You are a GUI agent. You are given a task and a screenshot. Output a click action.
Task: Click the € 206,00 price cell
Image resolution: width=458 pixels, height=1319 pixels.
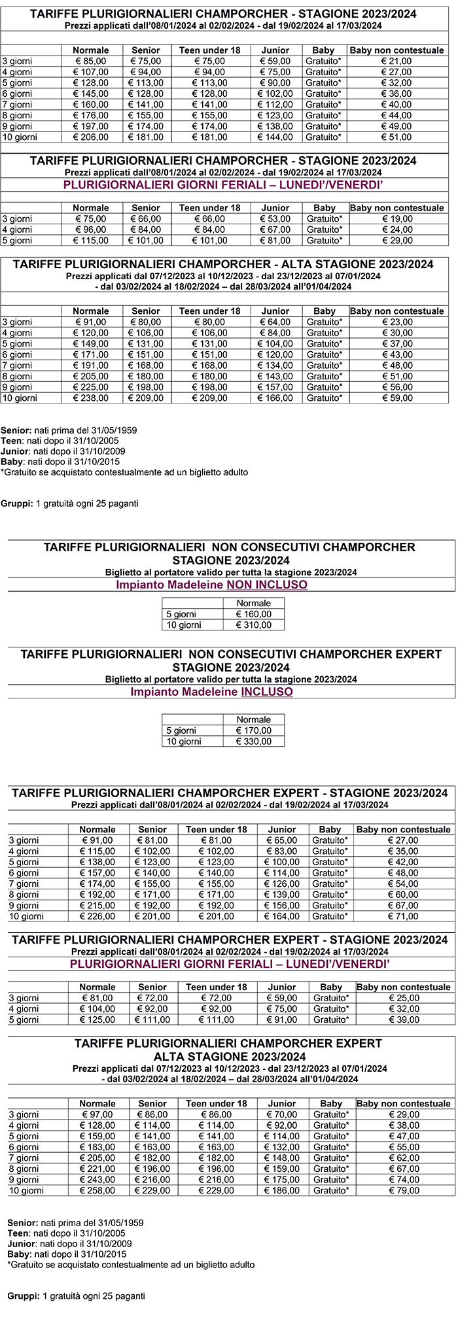click(x=91, y=137)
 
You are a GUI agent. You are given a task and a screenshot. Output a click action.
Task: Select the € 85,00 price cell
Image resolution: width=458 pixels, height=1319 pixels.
click(x=91, y=61)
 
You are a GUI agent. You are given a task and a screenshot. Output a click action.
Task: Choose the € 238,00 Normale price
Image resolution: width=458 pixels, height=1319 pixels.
click(x=91, y=398)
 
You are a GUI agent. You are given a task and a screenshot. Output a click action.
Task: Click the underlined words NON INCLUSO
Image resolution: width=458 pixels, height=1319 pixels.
click(x=266, y=585)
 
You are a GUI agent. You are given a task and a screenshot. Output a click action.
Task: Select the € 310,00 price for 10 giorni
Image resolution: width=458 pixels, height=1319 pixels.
click(x=253, y=625)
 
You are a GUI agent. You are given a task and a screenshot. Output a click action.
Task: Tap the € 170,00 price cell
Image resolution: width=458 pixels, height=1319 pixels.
click(x=253, y=730)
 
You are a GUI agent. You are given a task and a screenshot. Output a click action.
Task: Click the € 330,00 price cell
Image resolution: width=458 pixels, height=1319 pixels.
click(x=253, y=742)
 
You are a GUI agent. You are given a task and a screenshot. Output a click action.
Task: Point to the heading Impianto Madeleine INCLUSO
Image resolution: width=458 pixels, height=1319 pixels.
click(x=211, y=692)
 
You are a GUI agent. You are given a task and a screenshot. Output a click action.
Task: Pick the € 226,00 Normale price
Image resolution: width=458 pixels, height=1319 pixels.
click(x=97, y=916)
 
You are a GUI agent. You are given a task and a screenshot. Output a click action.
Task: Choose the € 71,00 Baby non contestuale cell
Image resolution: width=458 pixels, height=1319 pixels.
click(x=403, y=916)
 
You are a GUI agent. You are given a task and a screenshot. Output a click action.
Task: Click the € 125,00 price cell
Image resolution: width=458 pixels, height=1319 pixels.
click(x=97, y=1019)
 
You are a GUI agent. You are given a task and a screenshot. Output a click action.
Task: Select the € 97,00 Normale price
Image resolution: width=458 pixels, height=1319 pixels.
click(x=97, y=1114)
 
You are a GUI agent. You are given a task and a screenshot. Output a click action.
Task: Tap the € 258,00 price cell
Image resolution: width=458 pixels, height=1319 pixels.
click(x=97, y=1190)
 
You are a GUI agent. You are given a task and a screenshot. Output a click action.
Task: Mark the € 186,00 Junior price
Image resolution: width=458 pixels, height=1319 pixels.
click(x=282, y=1190)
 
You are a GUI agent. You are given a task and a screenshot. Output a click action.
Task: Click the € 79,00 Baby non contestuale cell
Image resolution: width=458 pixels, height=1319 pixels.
click(x=403, y=1190)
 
